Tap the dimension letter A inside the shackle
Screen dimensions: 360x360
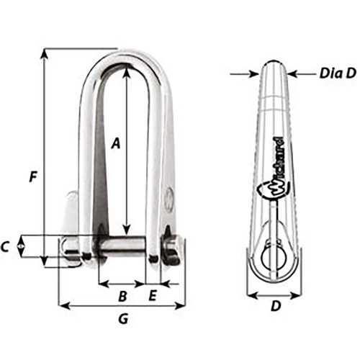click(116, 143)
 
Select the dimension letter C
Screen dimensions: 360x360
click(6, 246)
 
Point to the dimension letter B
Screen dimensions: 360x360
click(122, 296)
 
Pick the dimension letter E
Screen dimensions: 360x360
click(153, 296)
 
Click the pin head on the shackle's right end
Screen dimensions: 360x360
click(173, 248)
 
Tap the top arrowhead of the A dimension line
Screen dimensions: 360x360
click(127, 71)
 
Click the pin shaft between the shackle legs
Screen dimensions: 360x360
click(122, 246)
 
